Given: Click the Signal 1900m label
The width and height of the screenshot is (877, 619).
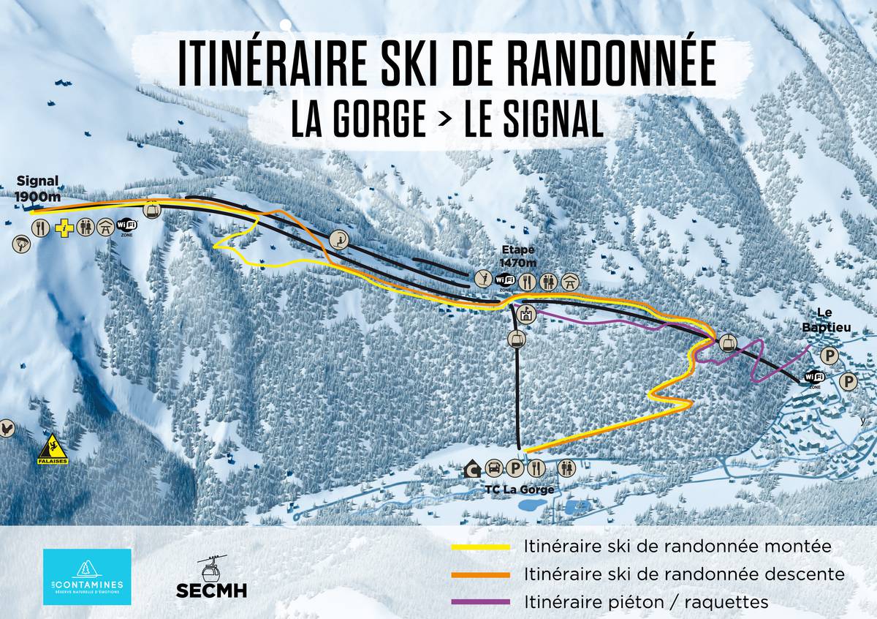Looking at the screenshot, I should point(37,188).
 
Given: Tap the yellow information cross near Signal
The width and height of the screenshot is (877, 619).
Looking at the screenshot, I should point(66,228).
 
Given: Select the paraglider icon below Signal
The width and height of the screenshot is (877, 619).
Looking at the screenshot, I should point(21,244).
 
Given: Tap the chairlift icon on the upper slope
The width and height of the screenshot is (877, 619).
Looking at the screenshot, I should point(338,239).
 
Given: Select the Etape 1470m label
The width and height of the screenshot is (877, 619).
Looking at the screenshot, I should point(518,257).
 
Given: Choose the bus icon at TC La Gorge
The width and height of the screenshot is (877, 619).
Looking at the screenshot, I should point(495,468).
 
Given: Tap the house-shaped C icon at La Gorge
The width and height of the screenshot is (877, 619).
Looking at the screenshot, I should point(474,468).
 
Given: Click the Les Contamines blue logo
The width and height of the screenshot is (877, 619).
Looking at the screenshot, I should point(87,577).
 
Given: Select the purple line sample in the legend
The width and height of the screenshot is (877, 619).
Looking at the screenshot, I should point(481,602).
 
